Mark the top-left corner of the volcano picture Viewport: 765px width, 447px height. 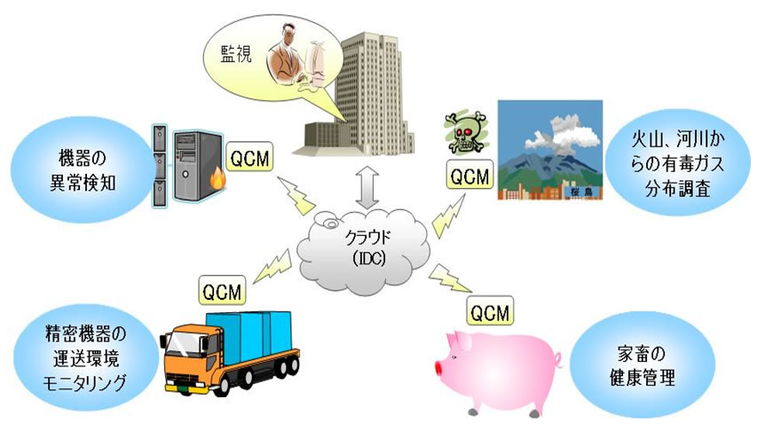coord(498,101)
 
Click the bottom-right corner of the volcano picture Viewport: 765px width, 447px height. coord(603,200)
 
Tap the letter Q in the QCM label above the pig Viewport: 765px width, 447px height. coord(478,313)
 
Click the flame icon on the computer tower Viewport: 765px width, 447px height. coord(217,179)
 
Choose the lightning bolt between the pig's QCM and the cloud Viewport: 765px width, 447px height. coord(450,278)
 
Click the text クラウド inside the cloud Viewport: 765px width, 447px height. coord(368,238)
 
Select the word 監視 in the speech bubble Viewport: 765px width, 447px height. coord(236,53)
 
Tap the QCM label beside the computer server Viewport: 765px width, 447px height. coord(249,159)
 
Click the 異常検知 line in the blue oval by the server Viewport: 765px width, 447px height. coord(83,183)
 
